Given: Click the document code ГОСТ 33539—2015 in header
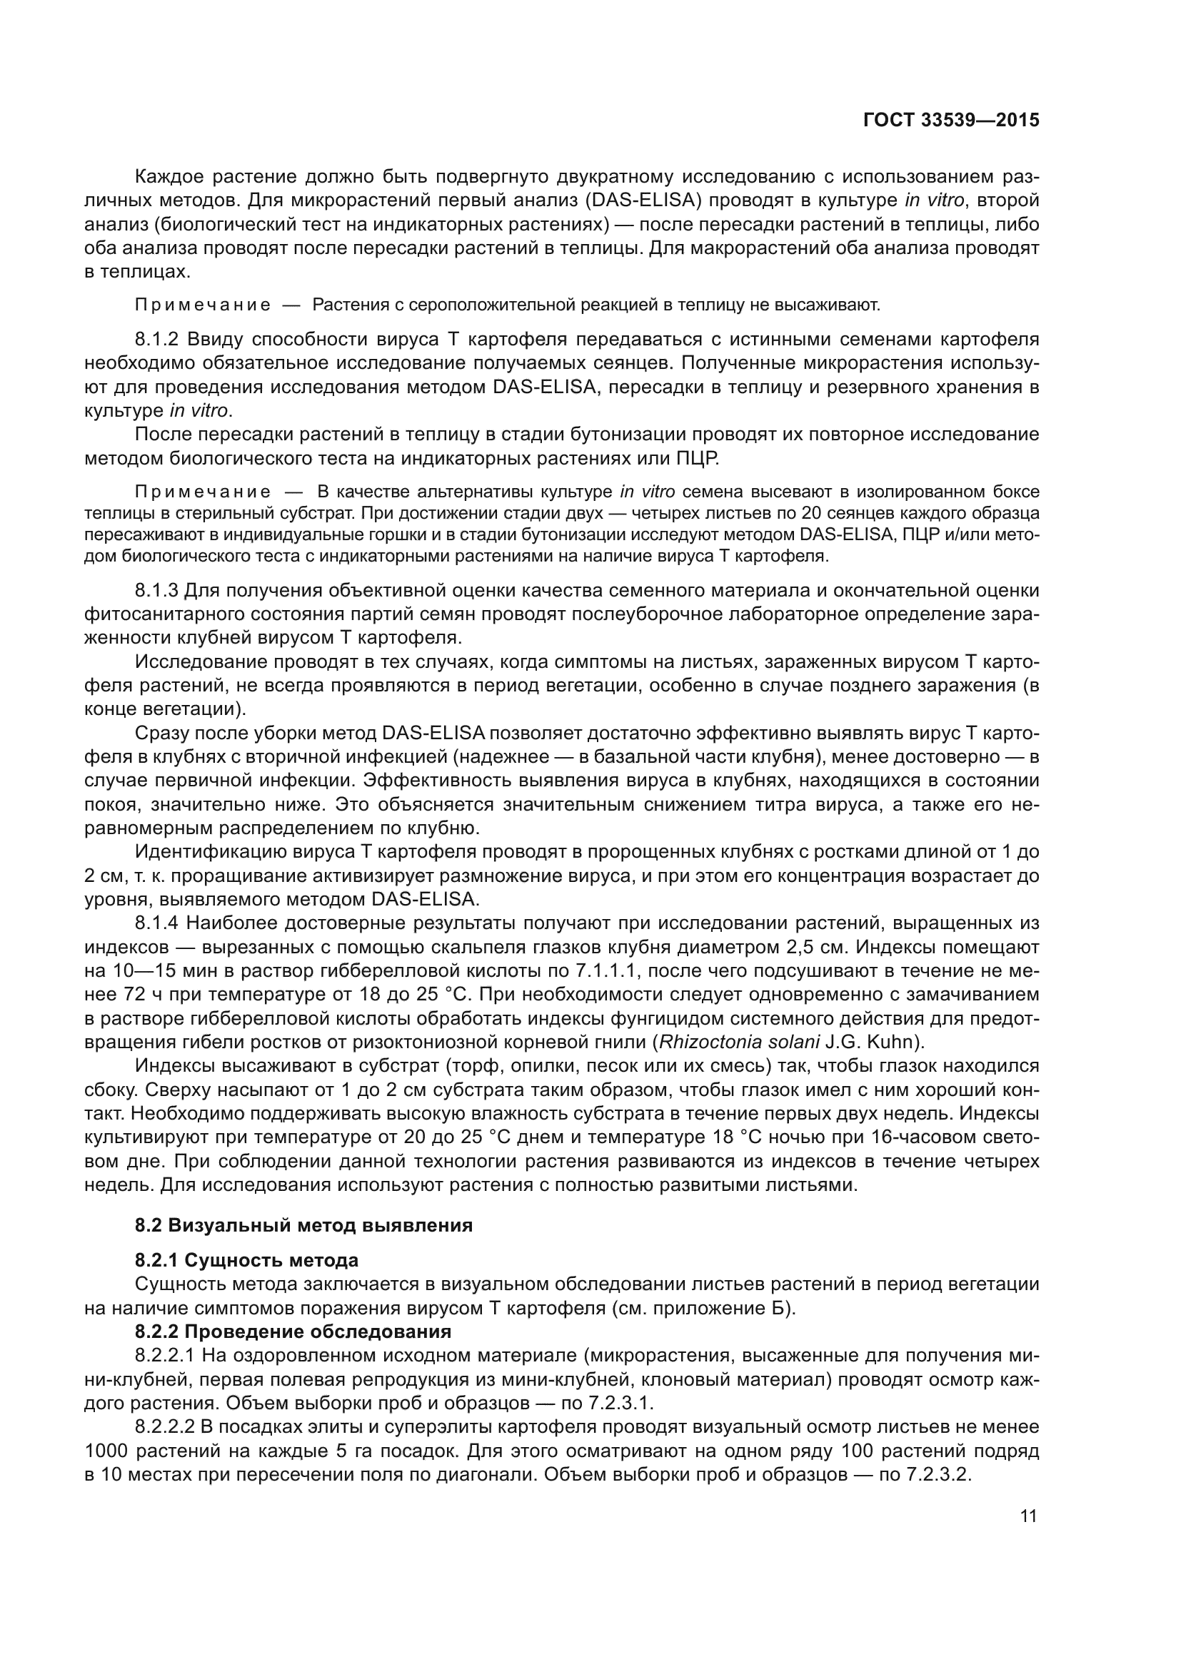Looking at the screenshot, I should click(x=950, y=120).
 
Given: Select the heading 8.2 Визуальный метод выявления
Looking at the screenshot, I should click(x=303, y=1225).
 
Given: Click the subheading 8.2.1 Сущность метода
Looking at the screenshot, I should click(x=246, y=1259).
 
